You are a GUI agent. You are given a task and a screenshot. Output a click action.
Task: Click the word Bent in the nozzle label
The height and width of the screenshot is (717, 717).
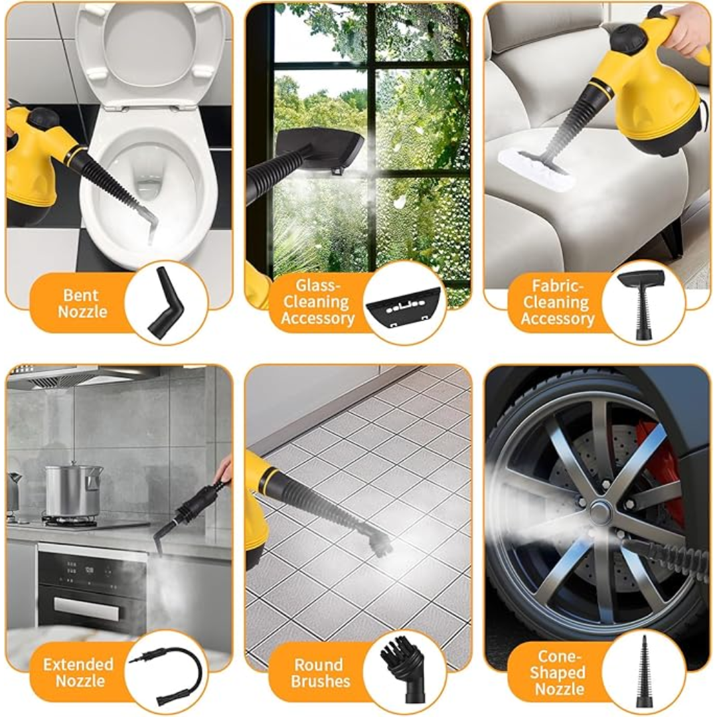(x=80, y=295)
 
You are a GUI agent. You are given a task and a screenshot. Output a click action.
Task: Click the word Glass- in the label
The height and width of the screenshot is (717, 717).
(x=317, y=285)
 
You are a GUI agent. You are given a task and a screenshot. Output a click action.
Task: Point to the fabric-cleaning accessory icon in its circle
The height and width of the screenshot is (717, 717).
(x=642, y=302)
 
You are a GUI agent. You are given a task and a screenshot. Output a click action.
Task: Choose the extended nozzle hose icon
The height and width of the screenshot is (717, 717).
(x=166, y=671)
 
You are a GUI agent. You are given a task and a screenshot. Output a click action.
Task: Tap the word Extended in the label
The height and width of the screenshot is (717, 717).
(x=79, y=664)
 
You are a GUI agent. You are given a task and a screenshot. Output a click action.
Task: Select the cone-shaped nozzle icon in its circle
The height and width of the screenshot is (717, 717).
(x=643, y=671)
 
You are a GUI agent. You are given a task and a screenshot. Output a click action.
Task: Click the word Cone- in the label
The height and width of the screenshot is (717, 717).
(x=558, y=656)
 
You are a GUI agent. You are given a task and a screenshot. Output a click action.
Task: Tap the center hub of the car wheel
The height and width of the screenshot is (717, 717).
(x=600, y=511)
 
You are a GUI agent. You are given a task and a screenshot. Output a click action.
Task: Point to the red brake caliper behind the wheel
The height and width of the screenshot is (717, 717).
(x=657, y=465)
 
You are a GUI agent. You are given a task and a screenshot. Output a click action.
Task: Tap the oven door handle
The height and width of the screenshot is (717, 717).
(x=86, y=608)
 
